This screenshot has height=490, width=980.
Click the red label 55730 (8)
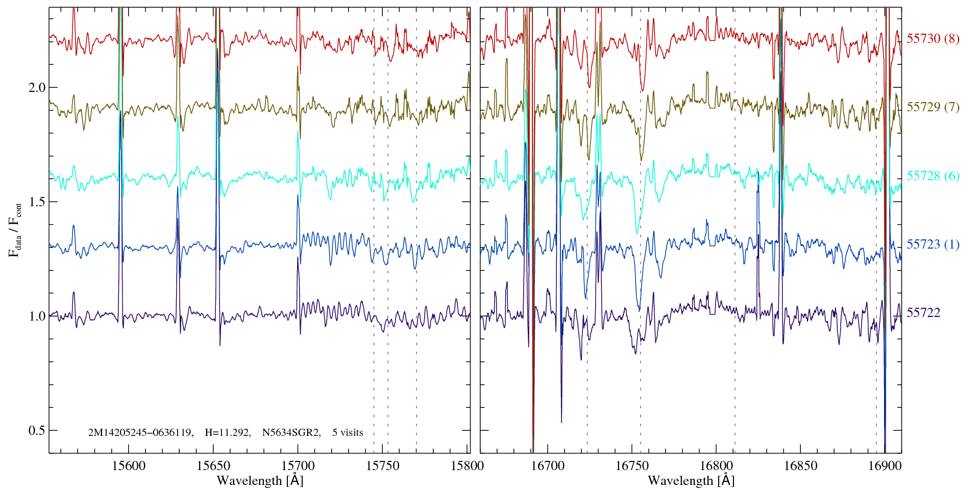(933, 39)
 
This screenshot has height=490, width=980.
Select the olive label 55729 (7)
(933, 107)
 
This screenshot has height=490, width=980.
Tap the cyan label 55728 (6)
(933, 176)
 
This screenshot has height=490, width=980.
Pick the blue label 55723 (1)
(933, 244)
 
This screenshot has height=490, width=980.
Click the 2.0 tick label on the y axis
(37, 87)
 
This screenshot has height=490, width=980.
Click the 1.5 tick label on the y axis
(37, 202)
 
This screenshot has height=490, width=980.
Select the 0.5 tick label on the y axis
(37, 430)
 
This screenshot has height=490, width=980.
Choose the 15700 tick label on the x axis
(298, 465)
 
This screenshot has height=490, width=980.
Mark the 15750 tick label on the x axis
(383, 465)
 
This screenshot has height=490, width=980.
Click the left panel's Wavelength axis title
(260, 480)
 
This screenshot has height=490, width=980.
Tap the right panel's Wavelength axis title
(691, 480)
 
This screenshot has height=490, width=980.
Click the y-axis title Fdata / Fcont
(15, 230)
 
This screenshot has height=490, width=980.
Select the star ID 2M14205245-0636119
(140, 433)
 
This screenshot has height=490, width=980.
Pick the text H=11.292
(227, 433)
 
